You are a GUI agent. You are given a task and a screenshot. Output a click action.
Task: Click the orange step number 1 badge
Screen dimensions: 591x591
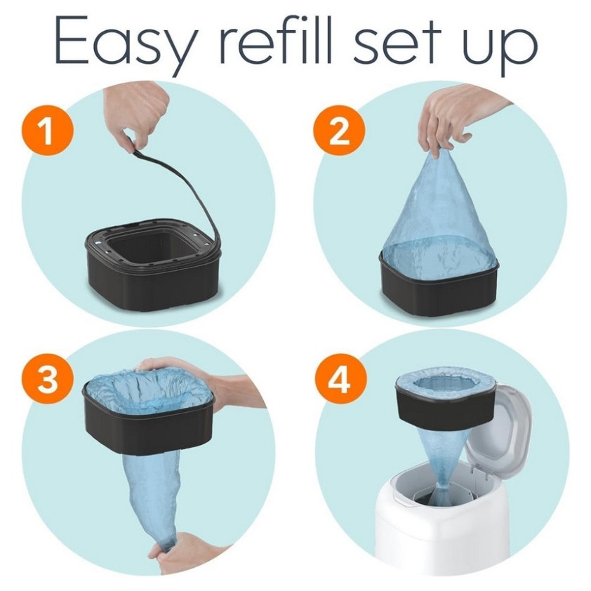(48, 130)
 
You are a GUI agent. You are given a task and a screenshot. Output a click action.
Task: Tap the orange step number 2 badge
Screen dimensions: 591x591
(339, 131)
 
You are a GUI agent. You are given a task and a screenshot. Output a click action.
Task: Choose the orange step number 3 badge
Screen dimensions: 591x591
(48, 378)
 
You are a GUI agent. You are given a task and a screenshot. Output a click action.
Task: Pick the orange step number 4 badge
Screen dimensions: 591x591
(340, 379)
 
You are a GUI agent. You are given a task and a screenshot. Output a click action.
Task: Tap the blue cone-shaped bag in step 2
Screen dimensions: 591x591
(439, 218)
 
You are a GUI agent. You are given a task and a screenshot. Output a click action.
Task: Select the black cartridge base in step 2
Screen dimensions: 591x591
(439, 290)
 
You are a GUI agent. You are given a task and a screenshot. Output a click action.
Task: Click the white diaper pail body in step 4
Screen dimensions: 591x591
(441, 528)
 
